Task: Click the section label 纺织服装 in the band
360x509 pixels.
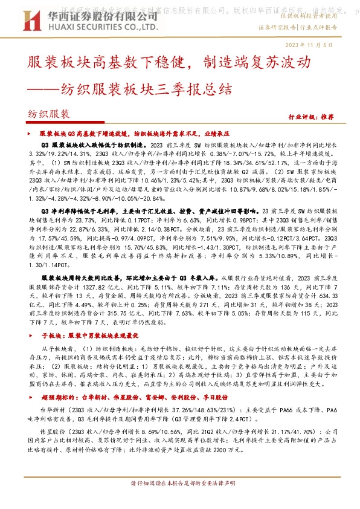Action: click(49, 114)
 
